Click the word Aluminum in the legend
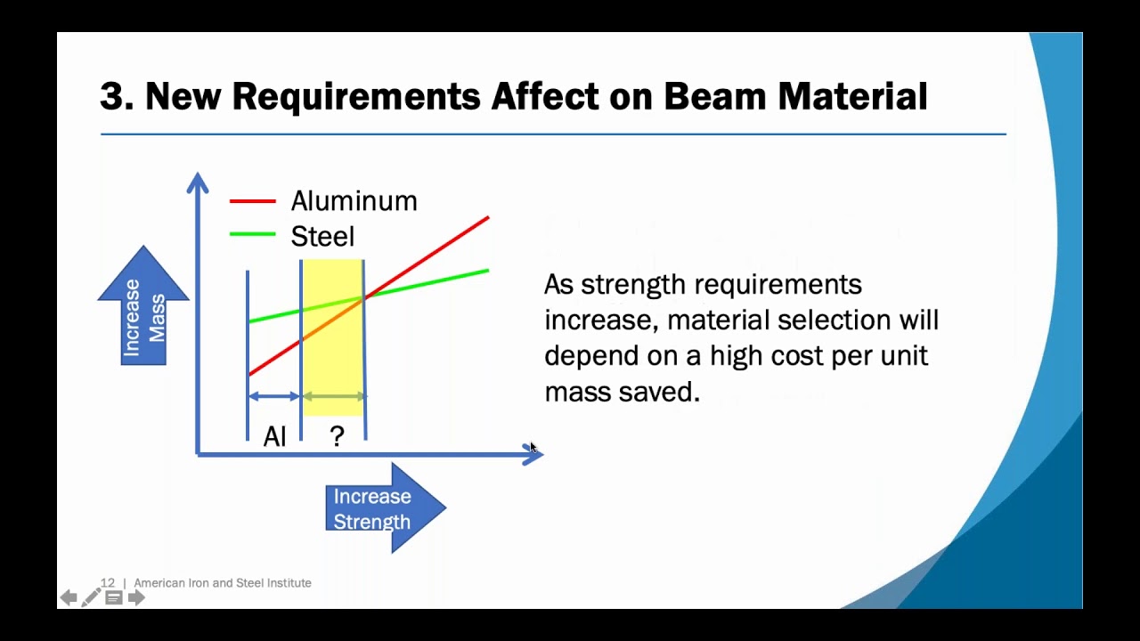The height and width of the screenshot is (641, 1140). click(x=354, y=201)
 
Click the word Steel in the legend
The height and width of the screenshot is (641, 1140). click(x=322, y=237)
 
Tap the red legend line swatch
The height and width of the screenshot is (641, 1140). click(x=253, y=201)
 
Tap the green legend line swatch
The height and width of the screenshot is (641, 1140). click(x=253, y=235)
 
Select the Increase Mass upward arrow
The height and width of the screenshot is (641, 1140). click(x=143, y=307)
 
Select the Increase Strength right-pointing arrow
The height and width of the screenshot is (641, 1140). click(x=383, y=508)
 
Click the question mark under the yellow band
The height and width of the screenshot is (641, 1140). click(x=337, y=436)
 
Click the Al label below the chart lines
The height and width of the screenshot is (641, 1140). click(x=274, y=436)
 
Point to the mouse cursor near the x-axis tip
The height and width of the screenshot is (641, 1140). click(x=533, y=448)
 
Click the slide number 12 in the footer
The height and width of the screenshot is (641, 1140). click(x=108, y=583)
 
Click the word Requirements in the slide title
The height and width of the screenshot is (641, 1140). click(x=355, y=96)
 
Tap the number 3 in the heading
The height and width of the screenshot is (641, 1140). click(x=110, y=96)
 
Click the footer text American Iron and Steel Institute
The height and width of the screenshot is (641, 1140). click(x=223, y=583)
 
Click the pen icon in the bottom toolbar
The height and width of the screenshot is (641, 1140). click(x=91, y=597)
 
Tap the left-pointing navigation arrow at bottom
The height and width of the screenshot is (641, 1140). click(x=69, y=597)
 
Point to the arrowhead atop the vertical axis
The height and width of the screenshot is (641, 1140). click(x=197, y=182)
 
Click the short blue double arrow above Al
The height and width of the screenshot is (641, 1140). click(x=274, y=396)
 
